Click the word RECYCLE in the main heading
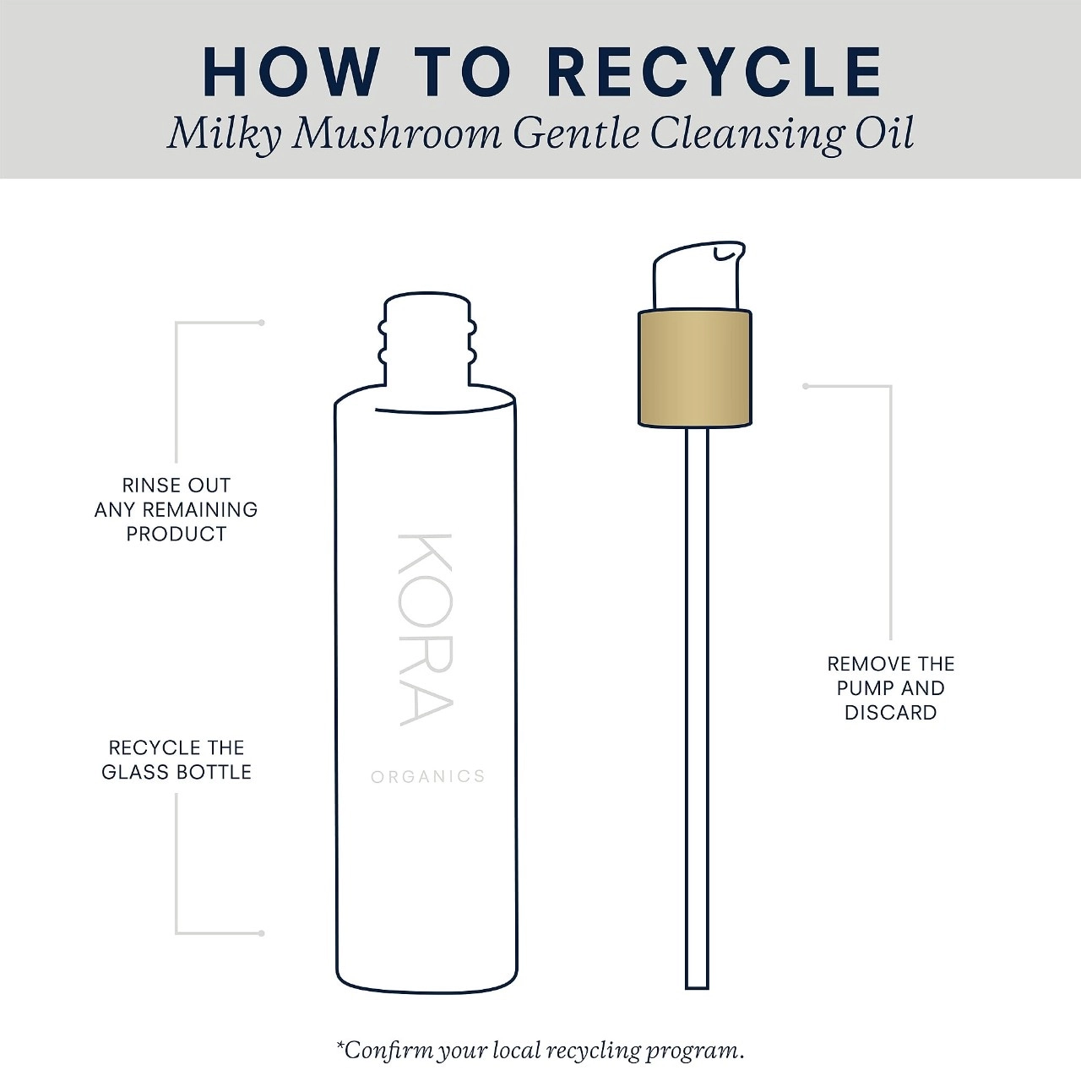pos(718,73)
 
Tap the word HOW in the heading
pos(291,73)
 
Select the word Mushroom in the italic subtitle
pos(397,134)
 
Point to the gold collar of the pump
pos(694,368)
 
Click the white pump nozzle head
pos(698,274)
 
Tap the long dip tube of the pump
pos(697,708)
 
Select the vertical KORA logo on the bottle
pos(425,630)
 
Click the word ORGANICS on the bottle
pos(428,776)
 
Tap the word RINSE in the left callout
pos(145,486)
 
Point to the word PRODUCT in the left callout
pos(177,534)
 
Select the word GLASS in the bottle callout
pos(136,772)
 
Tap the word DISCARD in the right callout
pos(891,713)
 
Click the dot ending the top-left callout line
pos(262,323)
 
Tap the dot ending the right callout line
pos(806,386)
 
